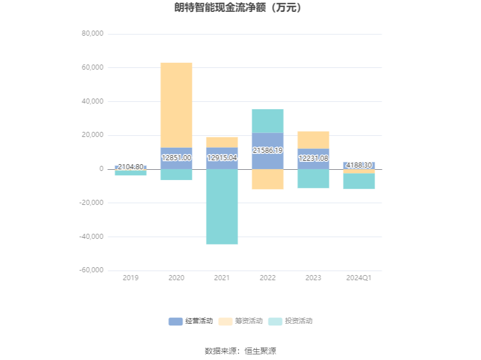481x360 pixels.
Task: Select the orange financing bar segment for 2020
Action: (x=177, y=105)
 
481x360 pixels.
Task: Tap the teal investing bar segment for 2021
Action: (x=222, y=207)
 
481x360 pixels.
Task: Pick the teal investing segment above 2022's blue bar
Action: (x=268, y=121)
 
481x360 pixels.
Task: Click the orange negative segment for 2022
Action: (x=268, y=179)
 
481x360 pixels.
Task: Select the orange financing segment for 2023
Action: (x=313, y=140)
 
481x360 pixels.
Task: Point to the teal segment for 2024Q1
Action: (x=359, y=181)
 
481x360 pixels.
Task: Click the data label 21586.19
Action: (x=268, y=151)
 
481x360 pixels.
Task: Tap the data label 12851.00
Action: (x=177, y=158)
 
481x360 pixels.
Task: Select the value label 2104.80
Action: (x=131, y=167)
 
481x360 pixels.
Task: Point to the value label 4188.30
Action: (x=359, y=165)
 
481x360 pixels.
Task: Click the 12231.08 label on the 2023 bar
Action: (x=313, y=158)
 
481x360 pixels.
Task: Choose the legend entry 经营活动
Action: (x=191, y=321)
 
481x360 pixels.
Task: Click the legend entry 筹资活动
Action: (x=240, y=321)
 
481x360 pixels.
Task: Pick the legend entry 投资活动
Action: (x=290, y=321)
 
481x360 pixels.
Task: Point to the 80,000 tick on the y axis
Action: (x=92, y=33)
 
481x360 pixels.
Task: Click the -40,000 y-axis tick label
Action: (x=92, y=237)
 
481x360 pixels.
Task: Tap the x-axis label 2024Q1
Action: (x=359, y=278)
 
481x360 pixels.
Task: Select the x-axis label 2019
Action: (x=131, y=278)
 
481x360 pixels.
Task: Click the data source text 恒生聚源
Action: (x=260, y=351)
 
